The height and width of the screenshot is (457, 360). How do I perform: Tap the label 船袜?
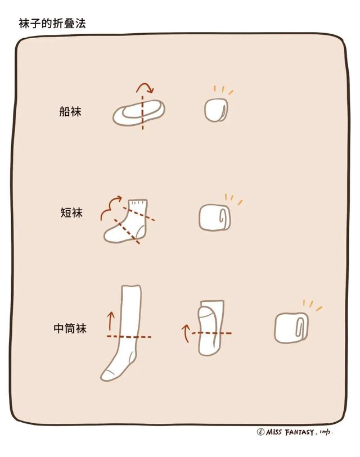pos(70,111)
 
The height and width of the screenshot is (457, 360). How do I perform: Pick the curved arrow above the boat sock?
pos(145,87)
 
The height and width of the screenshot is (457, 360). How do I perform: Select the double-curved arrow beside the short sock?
pos(110,207)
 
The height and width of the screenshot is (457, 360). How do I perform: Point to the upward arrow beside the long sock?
pos(110,321)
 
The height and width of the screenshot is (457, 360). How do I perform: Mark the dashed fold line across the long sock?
pos(129,337)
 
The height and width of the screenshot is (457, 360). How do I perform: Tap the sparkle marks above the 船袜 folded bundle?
pos(223,90)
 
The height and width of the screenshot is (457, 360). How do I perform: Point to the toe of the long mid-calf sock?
pos(107,374)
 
